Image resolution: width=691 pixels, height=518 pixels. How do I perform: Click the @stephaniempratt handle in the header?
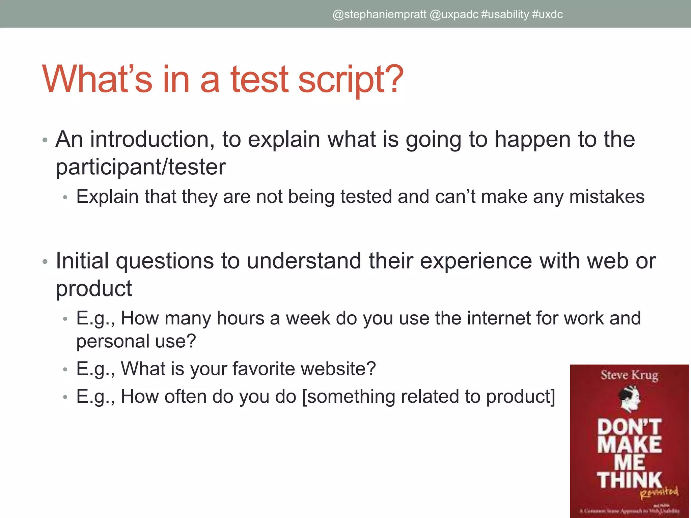tap(379, 15)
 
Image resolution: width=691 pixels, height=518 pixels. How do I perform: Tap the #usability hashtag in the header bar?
tap(505, 15)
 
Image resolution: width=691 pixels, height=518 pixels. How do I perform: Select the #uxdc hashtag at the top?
tap(548, 15)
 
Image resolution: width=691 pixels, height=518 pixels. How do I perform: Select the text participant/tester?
tap(140, 167)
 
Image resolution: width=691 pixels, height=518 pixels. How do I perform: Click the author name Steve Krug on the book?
tap(629, 375)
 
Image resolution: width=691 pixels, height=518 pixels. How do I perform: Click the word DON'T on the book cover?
tap(629, 427)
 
